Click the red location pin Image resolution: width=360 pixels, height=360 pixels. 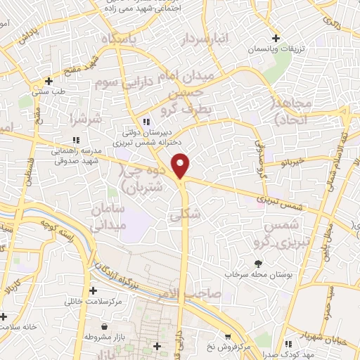[x=181, y=165]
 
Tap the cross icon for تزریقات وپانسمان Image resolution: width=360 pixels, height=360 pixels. [x=277, y=37]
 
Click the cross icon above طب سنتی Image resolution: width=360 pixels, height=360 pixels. [x=48, y=80]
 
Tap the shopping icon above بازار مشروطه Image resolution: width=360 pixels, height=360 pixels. [x=105, y=327]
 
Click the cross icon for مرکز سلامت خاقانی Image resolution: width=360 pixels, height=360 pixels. [x=93, y=290]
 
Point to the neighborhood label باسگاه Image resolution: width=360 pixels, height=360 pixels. [x=117, y=39]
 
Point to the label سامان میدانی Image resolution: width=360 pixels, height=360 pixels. [x=108, y=216]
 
